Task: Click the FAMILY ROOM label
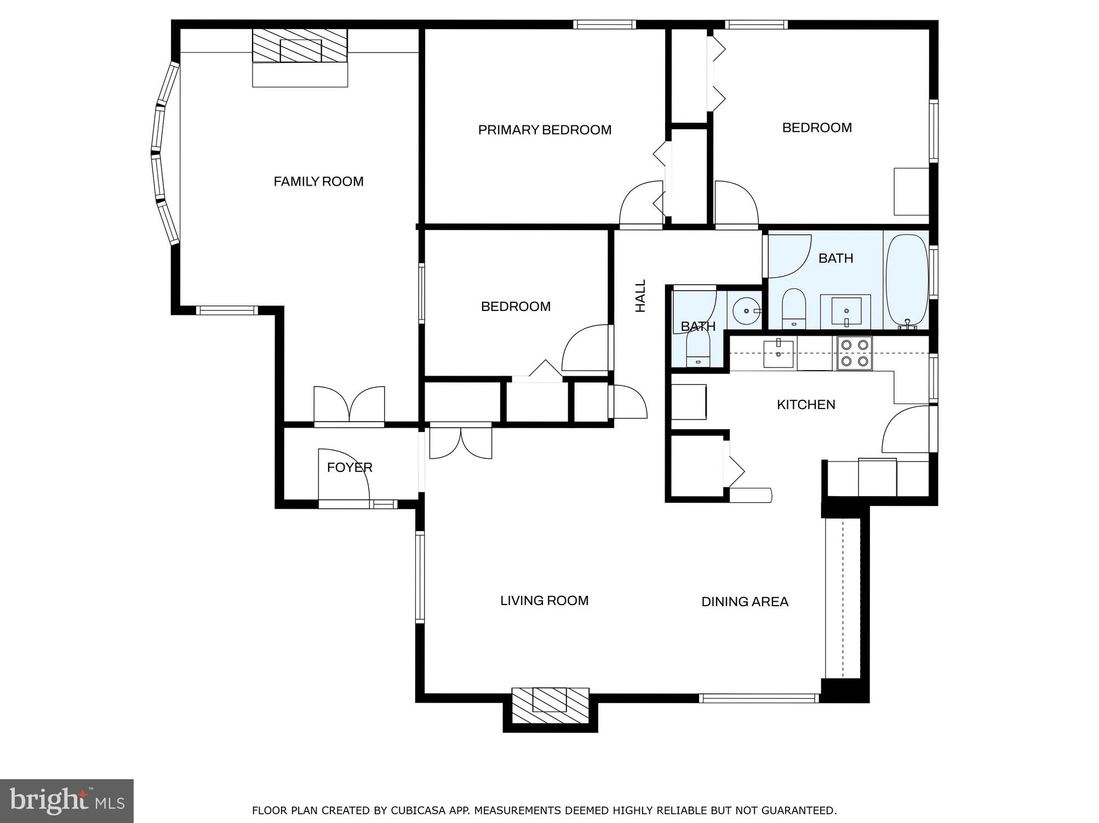(318, 181)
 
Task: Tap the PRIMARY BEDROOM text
(544, 130)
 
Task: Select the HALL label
(640, 296)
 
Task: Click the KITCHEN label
(805, 405)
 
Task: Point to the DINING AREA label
(745, 602)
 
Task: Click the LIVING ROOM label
(544, 601)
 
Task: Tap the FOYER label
(350, 467)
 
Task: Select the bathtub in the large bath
(907, 280)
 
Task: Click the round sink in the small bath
(747, 310)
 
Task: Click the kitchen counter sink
(779, 353)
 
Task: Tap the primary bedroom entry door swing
(641, 204)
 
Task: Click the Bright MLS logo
(67, 801)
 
